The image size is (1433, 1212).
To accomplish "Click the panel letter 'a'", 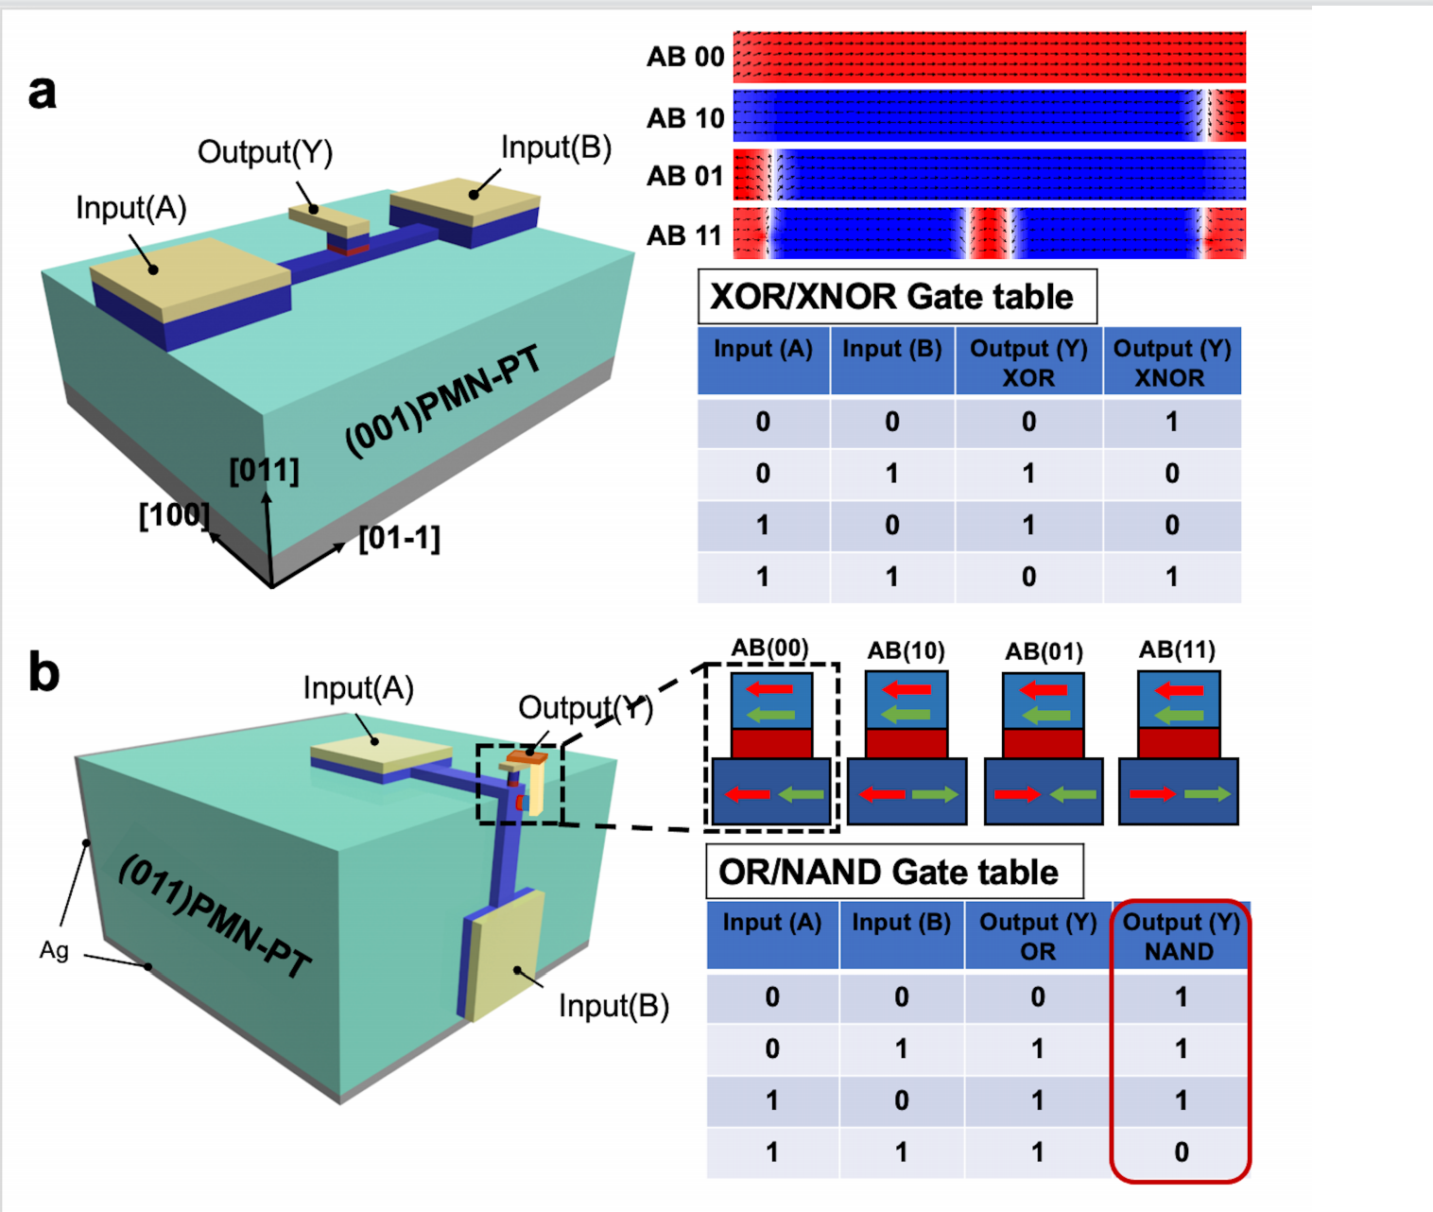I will click(43, 93).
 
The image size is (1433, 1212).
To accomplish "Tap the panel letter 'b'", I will click(43, 672).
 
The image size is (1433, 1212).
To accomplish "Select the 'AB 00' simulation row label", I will click(685, 57).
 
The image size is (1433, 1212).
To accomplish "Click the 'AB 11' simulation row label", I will click(684, 235).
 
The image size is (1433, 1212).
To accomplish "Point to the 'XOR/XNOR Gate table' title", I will click(891, 297).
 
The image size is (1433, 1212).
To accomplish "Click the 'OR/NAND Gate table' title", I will click(889, 872).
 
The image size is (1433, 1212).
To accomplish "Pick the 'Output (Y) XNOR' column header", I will click(1171, 363).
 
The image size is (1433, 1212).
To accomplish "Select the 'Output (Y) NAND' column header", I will click(1181, 937).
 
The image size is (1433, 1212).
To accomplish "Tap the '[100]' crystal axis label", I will click(174, 515).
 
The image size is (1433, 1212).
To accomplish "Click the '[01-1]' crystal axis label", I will click(400, 538).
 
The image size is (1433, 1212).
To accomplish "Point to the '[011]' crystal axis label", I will click(264, 470).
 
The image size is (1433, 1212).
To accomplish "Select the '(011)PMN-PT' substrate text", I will click(215, 916).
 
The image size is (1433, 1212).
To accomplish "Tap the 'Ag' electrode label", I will click(54, 950).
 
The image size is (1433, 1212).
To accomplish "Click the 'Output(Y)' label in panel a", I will click(265, 152).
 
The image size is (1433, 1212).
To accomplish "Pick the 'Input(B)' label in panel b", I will click(613, 1006).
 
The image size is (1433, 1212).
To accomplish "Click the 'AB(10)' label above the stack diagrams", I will click(906, 650).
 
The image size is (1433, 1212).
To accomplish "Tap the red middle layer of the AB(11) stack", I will click(1178, 743).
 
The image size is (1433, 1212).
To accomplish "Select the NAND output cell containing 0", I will click(1181, 1152).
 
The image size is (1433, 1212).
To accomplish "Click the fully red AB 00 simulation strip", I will click(989, 57).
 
